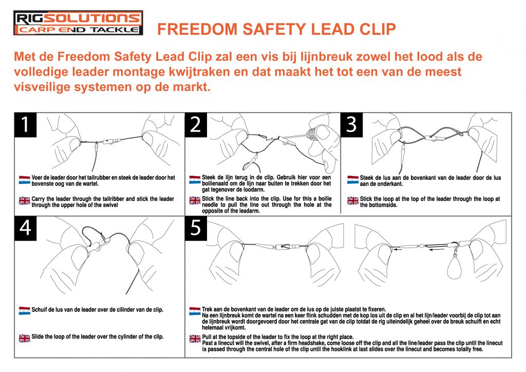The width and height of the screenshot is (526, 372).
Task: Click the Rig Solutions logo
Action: click(78, 23)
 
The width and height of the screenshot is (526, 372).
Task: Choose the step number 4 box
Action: click(25, 229)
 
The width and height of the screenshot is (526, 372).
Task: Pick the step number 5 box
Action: click(196, 229)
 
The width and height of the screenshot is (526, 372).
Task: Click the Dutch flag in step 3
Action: click(353, 180)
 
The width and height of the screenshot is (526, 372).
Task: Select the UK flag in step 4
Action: click(25, 338)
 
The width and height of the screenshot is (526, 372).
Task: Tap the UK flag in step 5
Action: click(195, 338)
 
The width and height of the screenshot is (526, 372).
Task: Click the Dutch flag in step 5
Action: click(195, 311)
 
